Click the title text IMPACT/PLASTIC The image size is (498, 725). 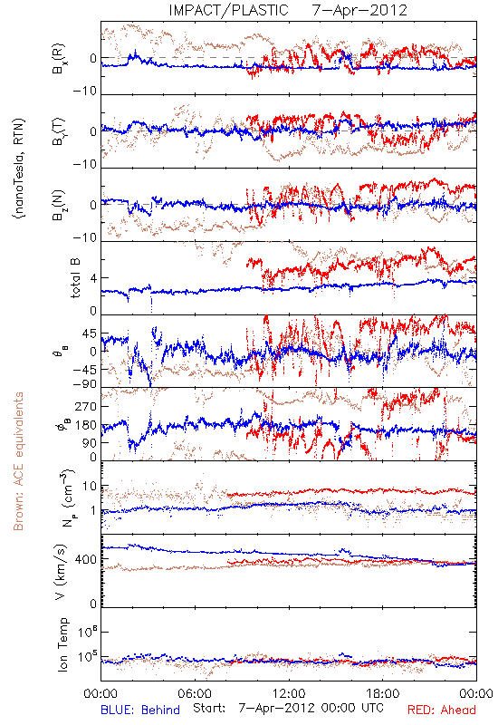point(229,10)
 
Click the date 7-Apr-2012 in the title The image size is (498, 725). point(359,10)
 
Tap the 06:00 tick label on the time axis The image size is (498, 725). point(195,693)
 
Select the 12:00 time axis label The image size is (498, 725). point(289,693)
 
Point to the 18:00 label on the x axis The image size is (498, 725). point(383,693)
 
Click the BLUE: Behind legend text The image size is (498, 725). point(140,710)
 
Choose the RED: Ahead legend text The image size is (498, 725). point(442,710)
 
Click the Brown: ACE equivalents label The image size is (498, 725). point(18,461)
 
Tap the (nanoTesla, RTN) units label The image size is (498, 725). point(19,169)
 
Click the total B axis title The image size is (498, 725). point(75,278)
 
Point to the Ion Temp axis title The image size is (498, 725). point(62,644)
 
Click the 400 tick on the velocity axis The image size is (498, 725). point(86,559)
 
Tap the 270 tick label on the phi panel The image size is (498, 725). point(86,406)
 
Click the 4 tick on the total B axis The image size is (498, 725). point(93,278)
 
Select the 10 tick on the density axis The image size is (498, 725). point(90,487)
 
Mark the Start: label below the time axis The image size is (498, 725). point(209,708)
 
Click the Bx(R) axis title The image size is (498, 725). point(59,59)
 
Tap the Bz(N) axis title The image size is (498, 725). point(59,206)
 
